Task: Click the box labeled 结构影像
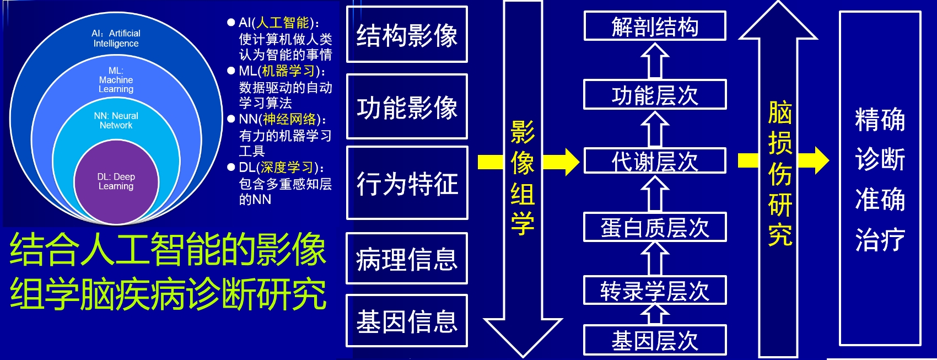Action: click(407, 35)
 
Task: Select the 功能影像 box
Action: click(407, 106)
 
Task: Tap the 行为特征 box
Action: click(407, 183)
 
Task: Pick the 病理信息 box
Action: click(407, 259)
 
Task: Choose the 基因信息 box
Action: click(407, 321)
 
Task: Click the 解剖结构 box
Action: click(655, 26)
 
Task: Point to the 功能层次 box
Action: click(655, 95)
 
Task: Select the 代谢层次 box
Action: click(655, 162)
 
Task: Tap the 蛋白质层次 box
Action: click(655, 227)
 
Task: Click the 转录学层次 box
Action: click(655, 291)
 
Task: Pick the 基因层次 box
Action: click(655, 340)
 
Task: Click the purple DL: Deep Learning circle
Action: click(116, 182)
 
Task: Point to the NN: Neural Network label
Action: click(116, 120)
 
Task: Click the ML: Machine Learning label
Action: click(116, 80)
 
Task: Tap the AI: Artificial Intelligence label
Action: click(116, 38)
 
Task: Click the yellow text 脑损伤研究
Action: click(780, 174)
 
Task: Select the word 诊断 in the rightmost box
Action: click(880, 159)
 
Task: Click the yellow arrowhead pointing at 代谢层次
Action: click(570, 162)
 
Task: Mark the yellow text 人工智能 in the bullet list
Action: click(283, 23)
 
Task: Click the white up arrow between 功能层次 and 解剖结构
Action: click(655, 60)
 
